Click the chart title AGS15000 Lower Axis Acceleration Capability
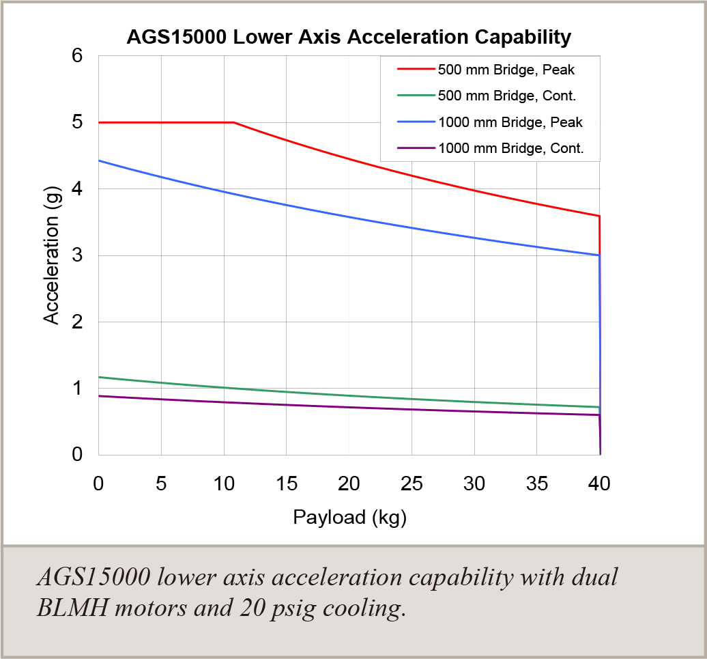click(349, 37)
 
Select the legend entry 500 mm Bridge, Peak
click(506, 70)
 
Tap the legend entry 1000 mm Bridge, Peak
click(510, 122)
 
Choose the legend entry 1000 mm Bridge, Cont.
click(510, 148)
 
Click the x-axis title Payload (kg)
click(349, 517)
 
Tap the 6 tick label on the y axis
click(77, 56)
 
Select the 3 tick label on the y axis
click(77, 255)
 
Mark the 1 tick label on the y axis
click(77, 388)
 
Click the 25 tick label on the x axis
click(412, 484)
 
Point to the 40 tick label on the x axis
click(599, 484)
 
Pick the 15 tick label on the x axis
click(286, 484)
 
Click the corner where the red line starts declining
click(234, 122)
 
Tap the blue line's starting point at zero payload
click(100, 160)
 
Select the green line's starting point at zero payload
click(100, 377)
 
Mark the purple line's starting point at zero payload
click(100, 396)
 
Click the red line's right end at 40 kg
click(599, 216)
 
